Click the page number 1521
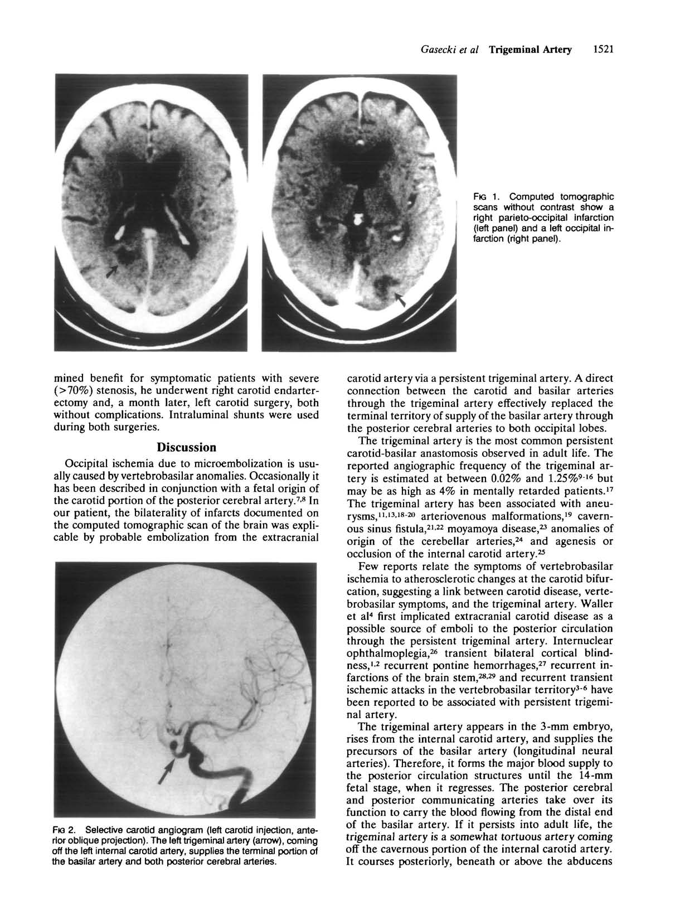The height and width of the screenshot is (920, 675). tap(603, 50)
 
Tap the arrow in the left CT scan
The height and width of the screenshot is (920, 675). tap(113, 269)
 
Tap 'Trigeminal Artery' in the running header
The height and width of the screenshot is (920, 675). tap(531, 50)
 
